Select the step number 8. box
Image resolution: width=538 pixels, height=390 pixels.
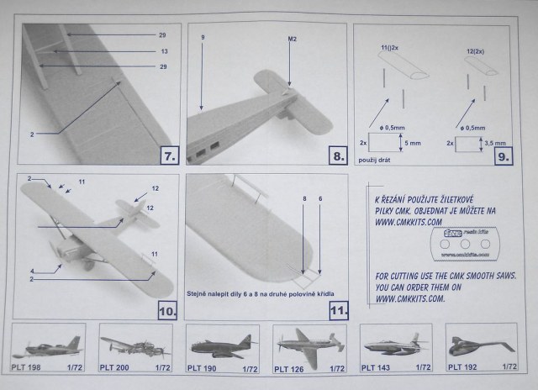(335, 155)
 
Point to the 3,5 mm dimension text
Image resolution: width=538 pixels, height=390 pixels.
(499, 143)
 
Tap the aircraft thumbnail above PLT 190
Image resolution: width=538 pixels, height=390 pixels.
(221, 345)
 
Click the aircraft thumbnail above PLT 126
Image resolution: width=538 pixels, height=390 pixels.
(308, 345)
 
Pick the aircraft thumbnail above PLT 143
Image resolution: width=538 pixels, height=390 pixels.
(395, 345)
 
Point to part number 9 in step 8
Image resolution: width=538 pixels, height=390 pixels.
(202, 38)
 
